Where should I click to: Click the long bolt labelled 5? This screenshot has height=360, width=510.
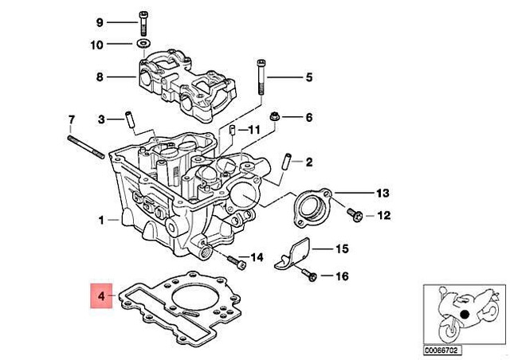pos(260,76)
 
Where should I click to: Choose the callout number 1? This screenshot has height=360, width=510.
pos(101,218)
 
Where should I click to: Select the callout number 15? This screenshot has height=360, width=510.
pos(341,248)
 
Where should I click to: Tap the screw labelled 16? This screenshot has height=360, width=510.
pos(310,276)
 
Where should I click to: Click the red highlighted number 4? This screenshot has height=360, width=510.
pos(101,297)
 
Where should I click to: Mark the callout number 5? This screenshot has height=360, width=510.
pos(310,77)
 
